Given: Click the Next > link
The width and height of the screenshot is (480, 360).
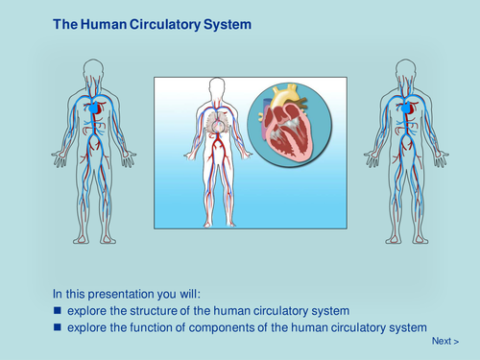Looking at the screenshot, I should click(x=445, y=341).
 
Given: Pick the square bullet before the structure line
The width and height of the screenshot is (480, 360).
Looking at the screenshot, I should click(x=58, y=312).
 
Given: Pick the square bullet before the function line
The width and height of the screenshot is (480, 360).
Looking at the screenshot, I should click(x=58, y=328).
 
